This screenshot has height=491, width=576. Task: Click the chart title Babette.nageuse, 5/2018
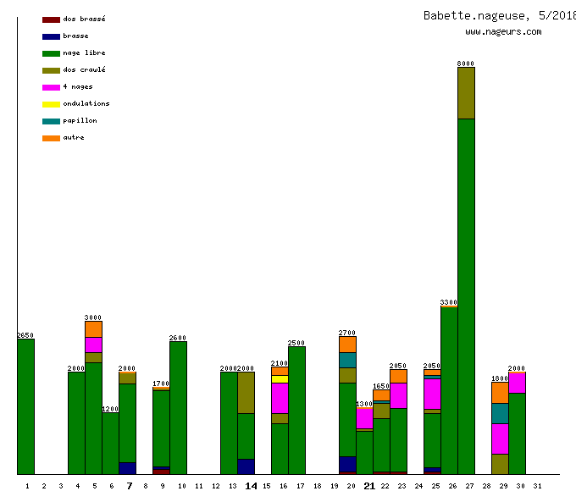pyautogui.click(x=499, y=15)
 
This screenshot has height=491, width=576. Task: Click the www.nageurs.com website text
pyautogui.click(x=503, y=32)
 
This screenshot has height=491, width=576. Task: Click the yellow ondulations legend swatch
pyautogui.click(x=51, y=104)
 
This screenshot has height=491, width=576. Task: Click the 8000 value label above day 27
pyautogui.click(x=466, y=63)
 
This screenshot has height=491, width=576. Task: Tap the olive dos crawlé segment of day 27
pyautogui.click(x=466, y=93)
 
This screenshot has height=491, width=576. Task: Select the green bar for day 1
pyautogui.click(x=25, y=406)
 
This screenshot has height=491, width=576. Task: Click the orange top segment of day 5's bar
pyautogui.click(x=93, y=328)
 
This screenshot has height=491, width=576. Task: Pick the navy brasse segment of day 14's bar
pyautogui.click(x=246, y=466)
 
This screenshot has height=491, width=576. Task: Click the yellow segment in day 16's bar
pyautogui.click(x=280, y=378)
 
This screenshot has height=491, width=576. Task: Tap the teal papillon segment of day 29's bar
pyautogui.click(x=500, y=413)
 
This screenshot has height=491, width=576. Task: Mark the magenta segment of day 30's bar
pyautogui.click(x=517, y=383)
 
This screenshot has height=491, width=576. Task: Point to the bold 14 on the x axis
pyautogui.click(x=251, y=486)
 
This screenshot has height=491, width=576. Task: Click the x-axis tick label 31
pyautogui.click(x=537, y=486)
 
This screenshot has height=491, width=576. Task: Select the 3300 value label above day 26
pyautogui.click(x=449, y=302)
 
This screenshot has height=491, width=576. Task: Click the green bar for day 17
pyautogui.click(x=296, y=411)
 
